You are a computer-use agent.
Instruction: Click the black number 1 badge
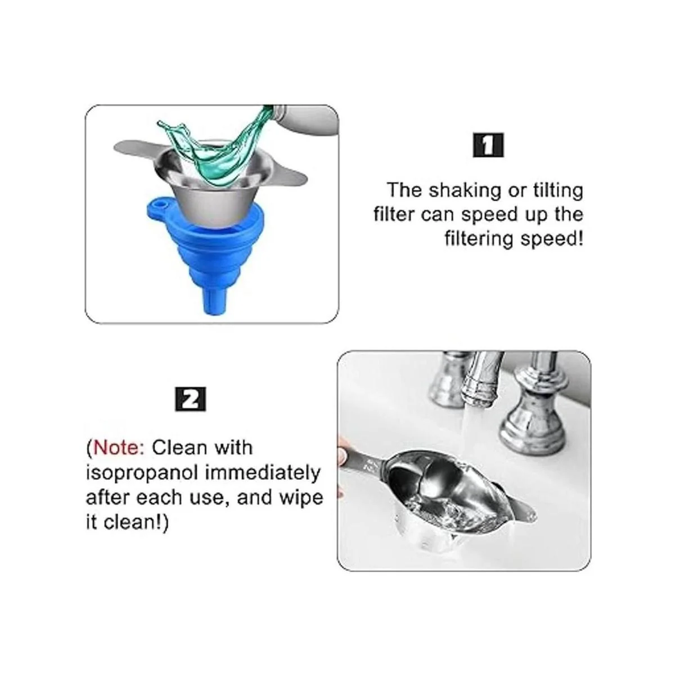(x=488, y=145)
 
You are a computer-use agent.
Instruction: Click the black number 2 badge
(x=191, y=399)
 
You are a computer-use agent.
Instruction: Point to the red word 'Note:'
(x=119, y=448)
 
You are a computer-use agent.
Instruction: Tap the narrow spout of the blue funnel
(x=212, y=296)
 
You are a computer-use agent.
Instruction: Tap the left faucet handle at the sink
(x=449, y=382)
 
